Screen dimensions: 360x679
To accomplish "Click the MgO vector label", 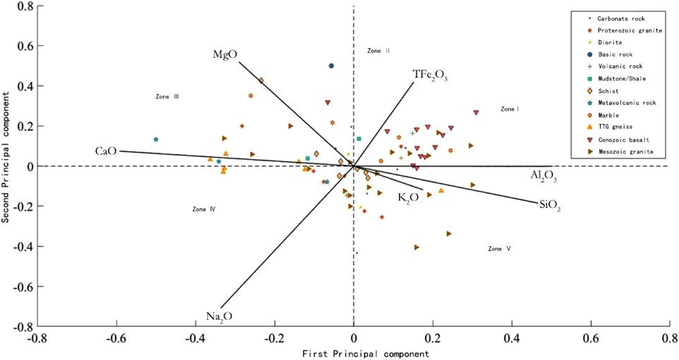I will (x=224, y=55).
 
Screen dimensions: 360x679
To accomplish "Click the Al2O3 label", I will (x=544, y=176).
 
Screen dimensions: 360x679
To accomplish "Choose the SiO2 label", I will (x=549, y=205).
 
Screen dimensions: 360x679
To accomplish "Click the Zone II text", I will (x=379, y=51).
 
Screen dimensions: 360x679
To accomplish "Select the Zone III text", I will (x=167, y=96).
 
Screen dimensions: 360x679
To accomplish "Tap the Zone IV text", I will (x=203, y=209).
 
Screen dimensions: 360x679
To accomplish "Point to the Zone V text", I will (x=499, y=248).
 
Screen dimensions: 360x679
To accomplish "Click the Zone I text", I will (x=510, y=109).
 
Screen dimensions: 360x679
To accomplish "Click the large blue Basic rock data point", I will (x=331, y=66).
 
